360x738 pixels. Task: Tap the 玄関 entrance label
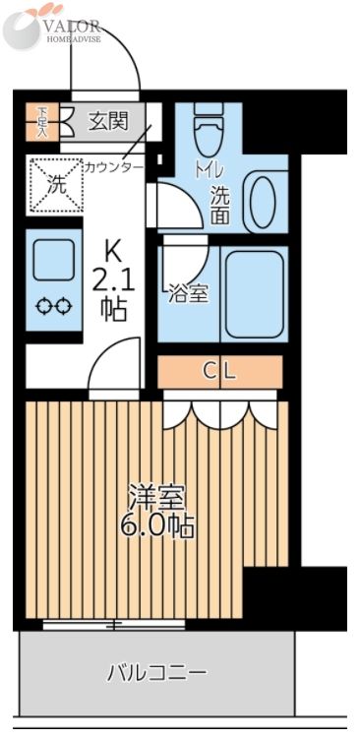click(x=108, y=121)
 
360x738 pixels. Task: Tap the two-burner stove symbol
click(x=53, y=307)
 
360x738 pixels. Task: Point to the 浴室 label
click(x=188, y=292)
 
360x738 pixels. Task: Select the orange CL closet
click(x=219, y=371)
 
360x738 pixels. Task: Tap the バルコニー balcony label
click(x=156, y=673)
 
